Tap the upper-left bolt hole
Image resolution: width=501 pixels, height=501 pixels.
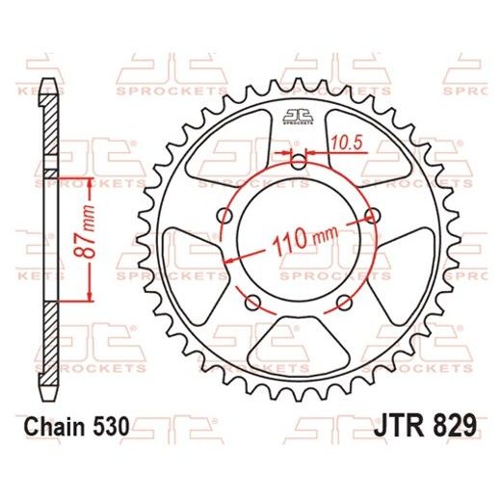click(x=228, y=216)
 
